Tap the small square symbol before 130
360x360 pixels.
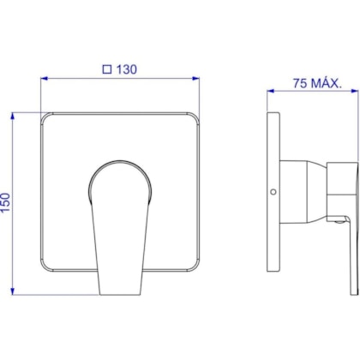coord(107,69)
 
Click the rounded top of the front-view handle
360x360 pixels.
coord(121,163)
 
